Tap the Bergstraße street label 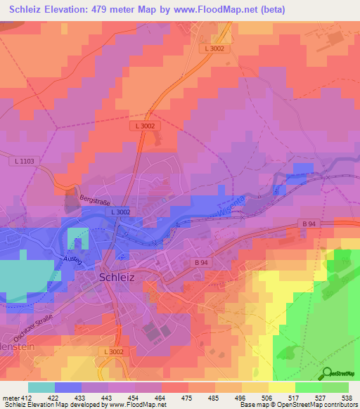[96, 200]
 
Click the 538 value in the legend [345, 397]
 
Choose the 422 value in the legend [51, 397]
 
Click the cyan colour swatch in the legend [41, 387]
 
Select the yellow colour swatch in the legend [281, 387]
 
